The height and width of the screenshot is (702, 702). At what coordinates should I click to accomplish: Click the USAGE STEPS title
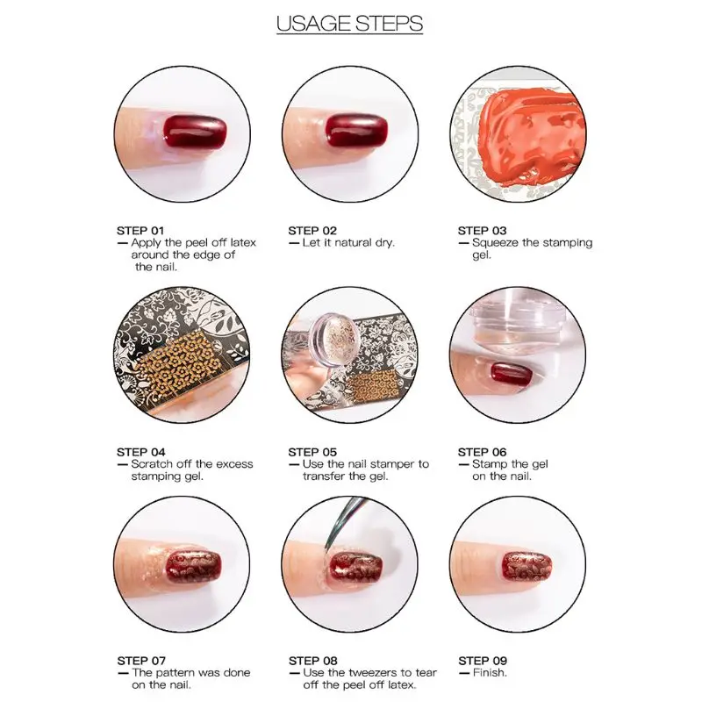[349, 24]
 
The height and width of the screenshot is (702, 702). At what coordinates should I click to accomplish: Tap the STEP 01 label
[140, 231]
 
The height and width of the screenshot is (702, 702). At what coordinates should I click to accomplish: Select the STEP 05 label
[312, 452]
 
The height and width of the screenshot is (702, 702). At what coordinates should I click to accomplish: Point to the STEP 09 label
[482, 661]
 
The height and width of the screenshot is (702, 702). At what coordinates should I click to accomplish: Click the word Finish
[490, 672]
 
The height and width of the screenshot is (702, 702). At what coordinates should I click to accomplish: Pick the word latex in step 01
[243, 243]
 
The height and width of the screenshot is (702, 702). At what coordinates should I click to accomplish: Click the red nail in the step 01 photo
[194, 131]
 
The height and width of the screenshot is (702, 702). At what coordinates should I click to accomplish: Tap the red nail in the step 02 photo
[356, 130]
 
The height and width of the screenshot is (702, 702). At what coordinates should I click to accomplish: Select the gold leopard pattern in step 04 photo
[177, 366]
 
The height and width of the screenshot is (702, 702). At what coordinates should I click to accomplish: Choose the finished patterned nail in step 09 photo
[526, 566]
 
